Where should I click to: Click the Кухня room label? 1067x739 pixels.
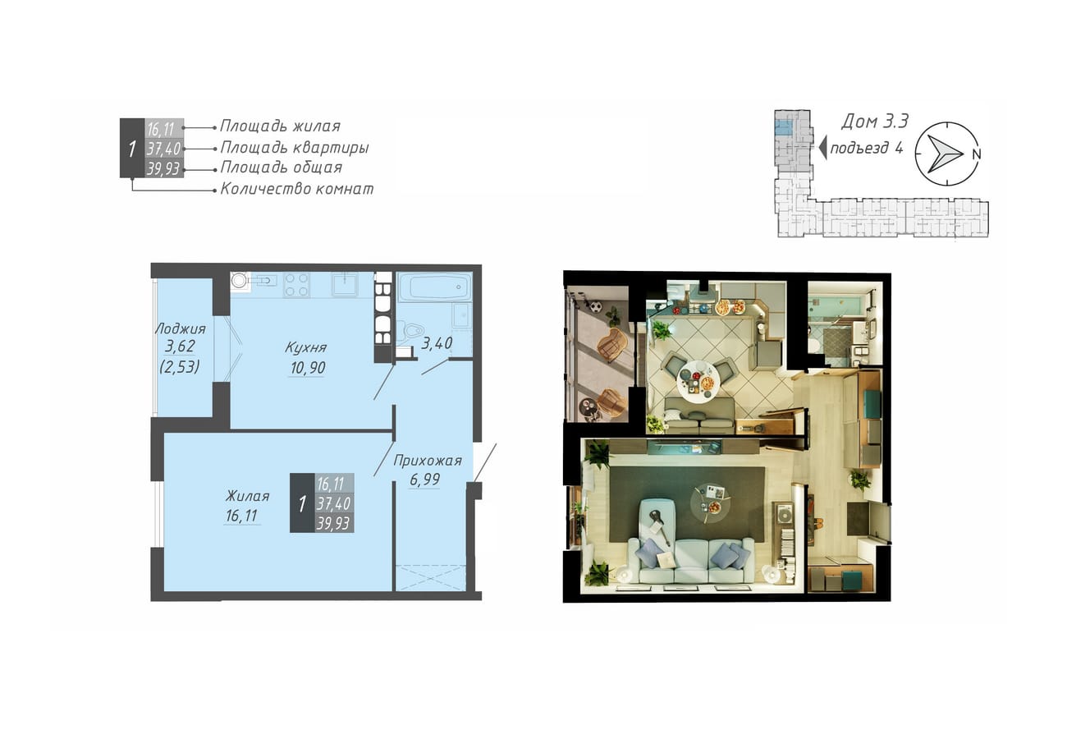click(306, 347)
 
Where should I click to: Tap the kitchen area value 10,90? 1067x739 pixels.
click(308, 367)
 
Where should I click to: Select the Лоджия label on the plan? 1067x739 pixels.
click(181, 328)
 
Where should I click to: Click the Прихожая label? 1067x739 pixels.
click(428, 461)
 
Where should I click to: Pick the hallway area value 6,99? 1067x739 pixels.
click(425, 480)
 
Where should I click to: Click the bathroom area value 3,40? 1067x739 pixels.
click(437, 342)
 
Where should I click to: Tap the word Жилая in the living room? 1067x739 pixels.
click(247, 496)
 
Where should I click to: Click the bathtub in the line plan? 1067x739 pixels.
click(434, 287)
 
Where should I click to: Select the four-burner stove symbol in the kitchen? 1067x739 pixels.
click(296, 285)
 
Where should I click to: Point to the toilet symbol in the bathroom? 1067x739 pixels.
click(410, 329)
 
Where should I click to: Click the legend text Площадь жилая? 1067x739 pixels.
click(280, 126)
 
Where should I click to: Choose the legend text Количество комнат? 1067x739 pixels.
click(297, 189)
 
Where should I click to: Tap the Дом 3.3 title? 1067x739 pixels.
click(875, 122)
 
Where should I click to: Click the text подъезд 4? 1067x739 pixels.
click(867, 148)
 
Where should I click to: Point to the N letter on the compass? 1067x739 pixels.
click(977, 154)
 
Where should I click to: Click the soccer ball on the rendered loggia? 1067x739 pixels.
click(597, 306)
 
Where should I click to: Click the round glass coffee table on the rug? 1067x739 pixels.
click(711, 503)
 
